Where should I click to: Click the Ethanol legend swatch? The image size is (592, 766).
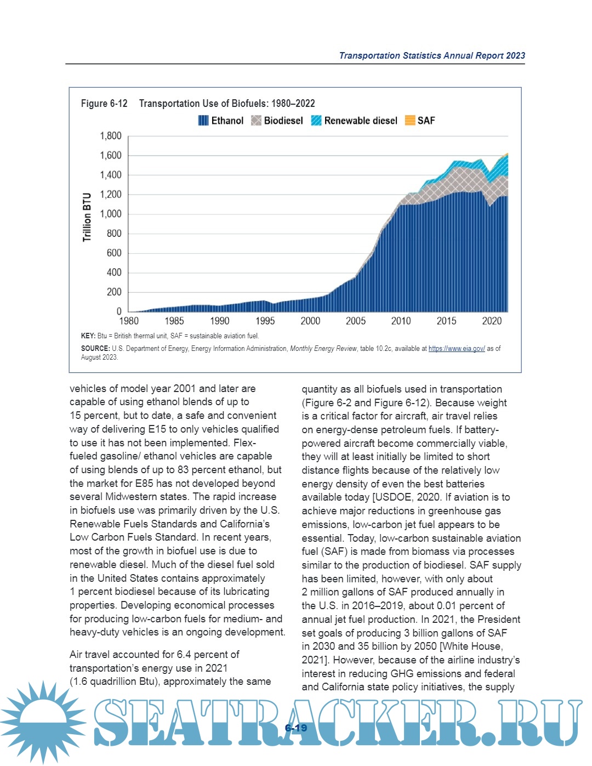click(x=203, y=121)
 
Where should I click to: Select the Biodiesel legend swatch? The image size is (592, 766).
click(x=256, y=121)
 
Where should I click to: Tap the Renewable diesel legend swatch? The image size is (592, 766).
click(x=316, y=121)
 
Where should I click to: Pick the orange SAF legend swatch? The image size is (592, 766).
click(x=410, y=121)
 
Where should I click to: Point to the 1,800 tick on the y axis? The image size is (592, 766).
click(x=111, y=136)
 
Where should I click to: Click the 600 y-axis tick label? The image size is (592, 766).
click(x=114, y=253)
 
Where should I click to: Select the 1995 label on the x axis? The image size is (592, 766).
click(x=265, y=321)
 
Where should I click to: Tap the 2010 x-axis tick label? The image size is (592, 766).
click(x=401, y=321)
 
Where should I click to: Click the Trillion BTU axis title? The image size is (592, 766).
click(x=87, y=217)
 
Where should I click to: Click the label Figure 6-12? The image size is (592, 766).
click(x=104, y=104)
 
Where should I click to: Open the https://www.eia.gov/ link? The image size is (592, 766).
click(x=457, y=349)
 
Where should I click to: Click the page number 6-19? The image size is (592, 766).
click(x=296, y=728)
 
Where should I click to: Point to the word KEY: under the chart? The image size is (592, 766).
click(x=88, y=336)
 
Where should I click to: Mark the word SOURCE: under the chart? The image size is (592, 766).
click(x=95, y=349)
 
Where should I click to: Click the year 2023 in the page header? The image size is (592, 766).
click(x=515, y=56)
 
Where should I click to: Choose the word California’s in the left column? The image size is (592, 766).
click(x=241, y=524)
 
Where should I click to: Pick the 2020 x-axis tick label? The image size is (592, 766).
click(x=492, y=321)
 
